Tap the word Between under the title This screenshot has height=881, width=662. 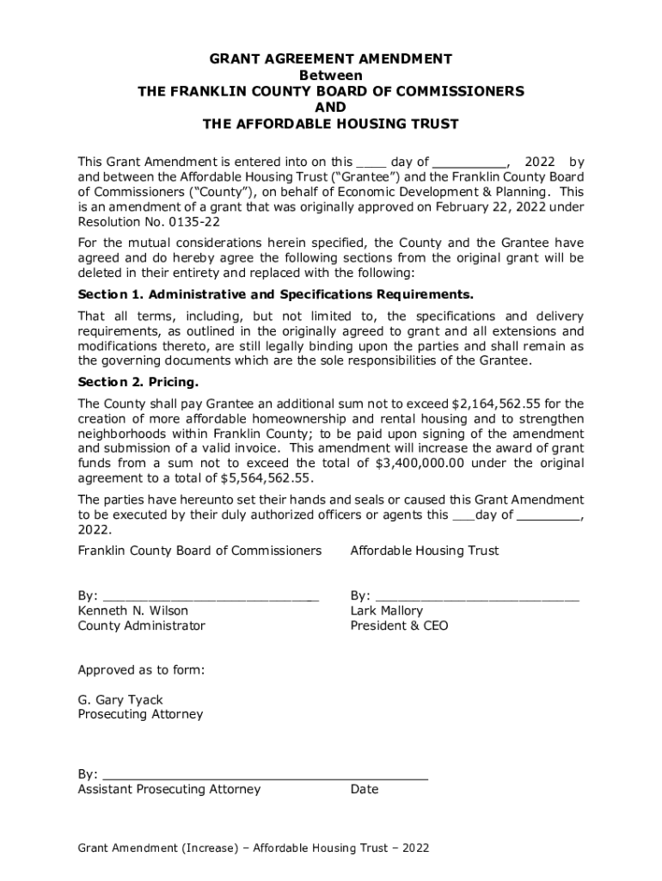coord(331,76)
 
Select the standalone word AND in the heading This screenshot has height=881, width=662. coord(331,108)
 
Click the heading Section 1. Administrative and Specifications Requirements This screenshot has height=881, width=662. coord(275,295)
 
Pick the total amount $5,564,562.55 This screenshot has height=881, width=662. coord(267,478)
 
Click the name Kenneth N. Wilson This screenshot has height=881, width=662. coord(133,611)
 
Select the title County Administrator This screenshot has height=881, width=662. coord(142,626)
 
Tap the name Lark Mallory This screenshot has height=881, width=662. coord(387,611)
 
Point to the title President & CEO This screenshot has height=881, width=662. coord(399,626)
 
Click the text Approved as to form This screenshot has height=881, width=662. coord(141,670)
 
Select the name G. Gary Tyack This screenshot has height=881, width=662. coord(120,700)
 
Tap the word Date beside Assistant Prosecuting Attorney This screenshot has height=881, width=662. coord(364,790)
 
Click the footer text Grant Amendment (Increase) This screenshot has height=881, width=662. coord(157,848)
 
